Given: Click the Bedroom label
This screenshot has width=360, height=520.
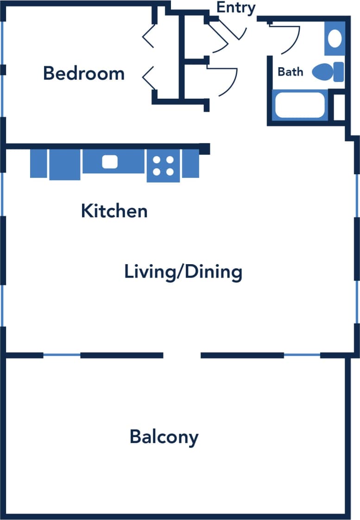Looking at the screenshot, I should pyautogui.click(x=84, y=74).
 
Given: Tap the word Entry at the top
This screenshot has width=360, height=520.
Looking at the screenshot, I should pyautogui.click(x=236, y=8).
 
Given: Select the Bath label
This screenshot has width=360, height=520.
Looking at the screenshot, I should pyautogui.click(x=291, y=72).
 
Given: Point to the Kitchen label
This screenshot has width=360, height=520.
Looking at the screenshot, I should pyautogui.click(x=114, y=211).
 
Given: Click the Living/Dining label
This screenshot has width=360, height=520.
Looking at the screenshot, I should pyautogui.click(x=183, y=272).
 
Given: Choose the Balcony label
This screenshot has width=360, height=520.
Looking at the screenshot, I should pyautogui.click(x=164, y=437).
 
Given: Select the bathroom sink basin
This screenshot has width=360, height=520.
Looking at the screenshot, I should pyautogui.click(x=335, y=37).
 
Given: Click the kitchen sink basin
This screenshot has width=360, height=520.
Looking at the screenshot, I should pyautogui.click(x=110, y=161).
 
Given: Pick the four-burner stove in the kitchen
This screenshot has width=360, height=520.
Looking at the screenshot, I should pyautogui.click(x=163, y=166).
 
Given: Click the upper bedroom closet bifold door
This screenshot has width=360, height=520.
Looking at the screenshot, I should pyautogui.click(x=148, y=35).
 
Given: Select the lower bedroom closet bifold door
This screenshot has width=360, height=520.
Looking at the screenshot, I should pyautogui.click(x=148, y=77).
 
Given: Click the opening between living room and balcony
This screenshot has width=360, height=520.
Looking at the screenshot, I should pyautogui.click(x=182, y=355).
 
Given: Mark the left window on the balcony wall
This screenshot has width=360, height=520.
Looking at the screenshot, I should pyautogui.click(x=62, y=355).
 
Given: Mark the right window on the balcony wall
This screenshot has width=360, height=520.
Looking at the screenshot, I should pyautogui.click(x=302, y=355).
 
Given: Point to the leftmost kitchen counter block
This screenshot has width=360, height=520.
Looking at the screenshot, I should pyautogui.click(x=38, y=163).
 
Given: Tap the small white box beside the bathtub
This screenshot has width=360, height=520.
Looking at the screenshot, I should pyautogui.click(x=339, y=107).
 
